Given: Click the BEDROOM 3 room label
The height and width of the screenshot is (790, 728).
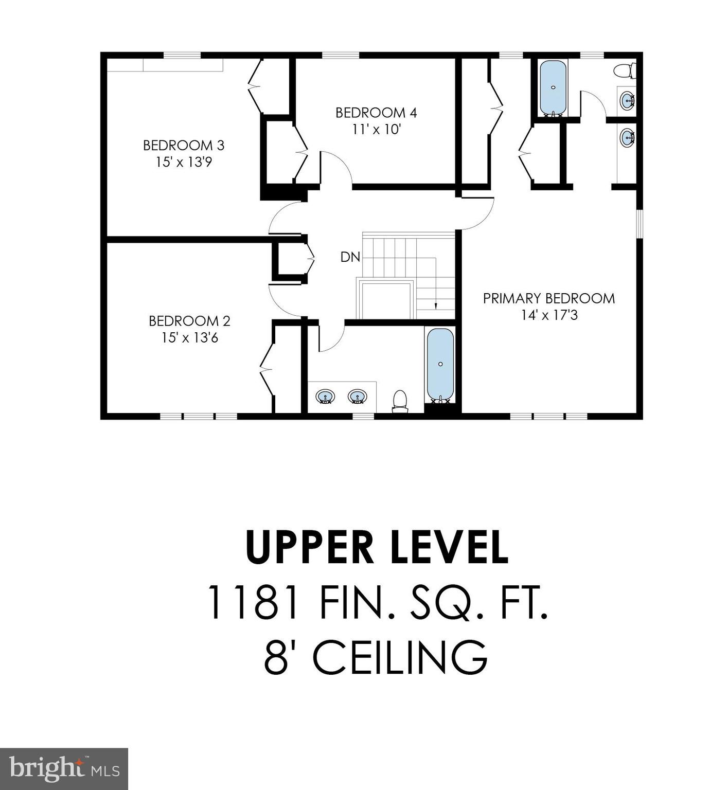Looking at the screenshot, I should pyautogui.click(x=184, y=146).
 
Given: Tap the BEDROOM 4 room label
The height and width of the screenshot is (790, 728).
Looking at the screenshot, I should pyautogui.click(x=376, y=113).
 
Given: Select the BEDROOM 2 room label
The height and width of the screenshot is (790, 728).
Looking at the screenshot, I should pyautogui.click(x=189, y=321).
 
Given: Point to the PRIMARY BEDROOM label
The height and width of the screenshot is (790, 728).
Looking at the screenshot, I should pyautogui.click(x=548, y=298).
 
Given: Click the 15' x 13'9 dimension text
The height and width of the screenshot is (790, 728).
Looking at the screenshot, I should pyautogui.click(x=184, y=163).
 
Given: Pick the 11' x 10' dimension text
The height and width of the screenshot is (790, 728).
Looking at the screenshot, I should pyautogui.click(x=376, y=130).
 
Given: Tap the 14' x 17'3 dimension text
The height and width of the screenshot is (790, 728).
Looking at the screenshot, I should pyautogui.click(x=549, y=315).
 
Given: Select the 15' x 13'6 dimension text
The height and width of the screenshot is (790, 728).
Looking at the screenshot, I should pyautogui.click(x=189, y=338).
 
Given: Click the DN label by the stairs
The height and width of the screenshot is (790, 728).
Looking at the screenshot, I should pyautogui.click(x=350, y=257).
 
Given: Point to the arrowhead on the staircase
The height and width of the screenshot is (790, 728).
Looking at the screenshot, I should pyautogui.click(x=436, y=306).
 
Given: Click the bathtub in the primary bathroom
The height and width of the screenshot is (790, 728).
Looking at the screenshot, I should pyautogui.click(x=553, y=88).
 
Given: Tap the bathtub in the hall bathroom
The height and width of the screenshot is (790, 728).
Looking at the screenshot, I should pyautogui.click(x=440, y=364).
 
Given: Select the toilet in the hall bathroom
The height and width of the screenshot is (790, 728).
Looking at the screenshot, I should pyautogui.click(x=400, y=401).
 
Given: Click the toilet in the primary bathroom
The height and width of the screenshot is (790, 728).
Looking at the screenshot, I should pyautogui.click(x=626, y=70).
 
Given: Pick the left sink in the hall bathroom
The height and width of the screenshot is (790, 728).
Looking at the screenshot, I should pyautogui.click(x=325, y=397).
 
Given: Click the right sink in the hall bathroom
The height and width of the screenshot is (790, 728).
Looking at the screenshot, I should pyautogui.click(x=357, y=397).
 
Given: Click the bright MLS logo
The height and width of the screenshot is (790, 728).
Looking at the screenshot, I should pyautogui.click(x=64, y=769).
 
